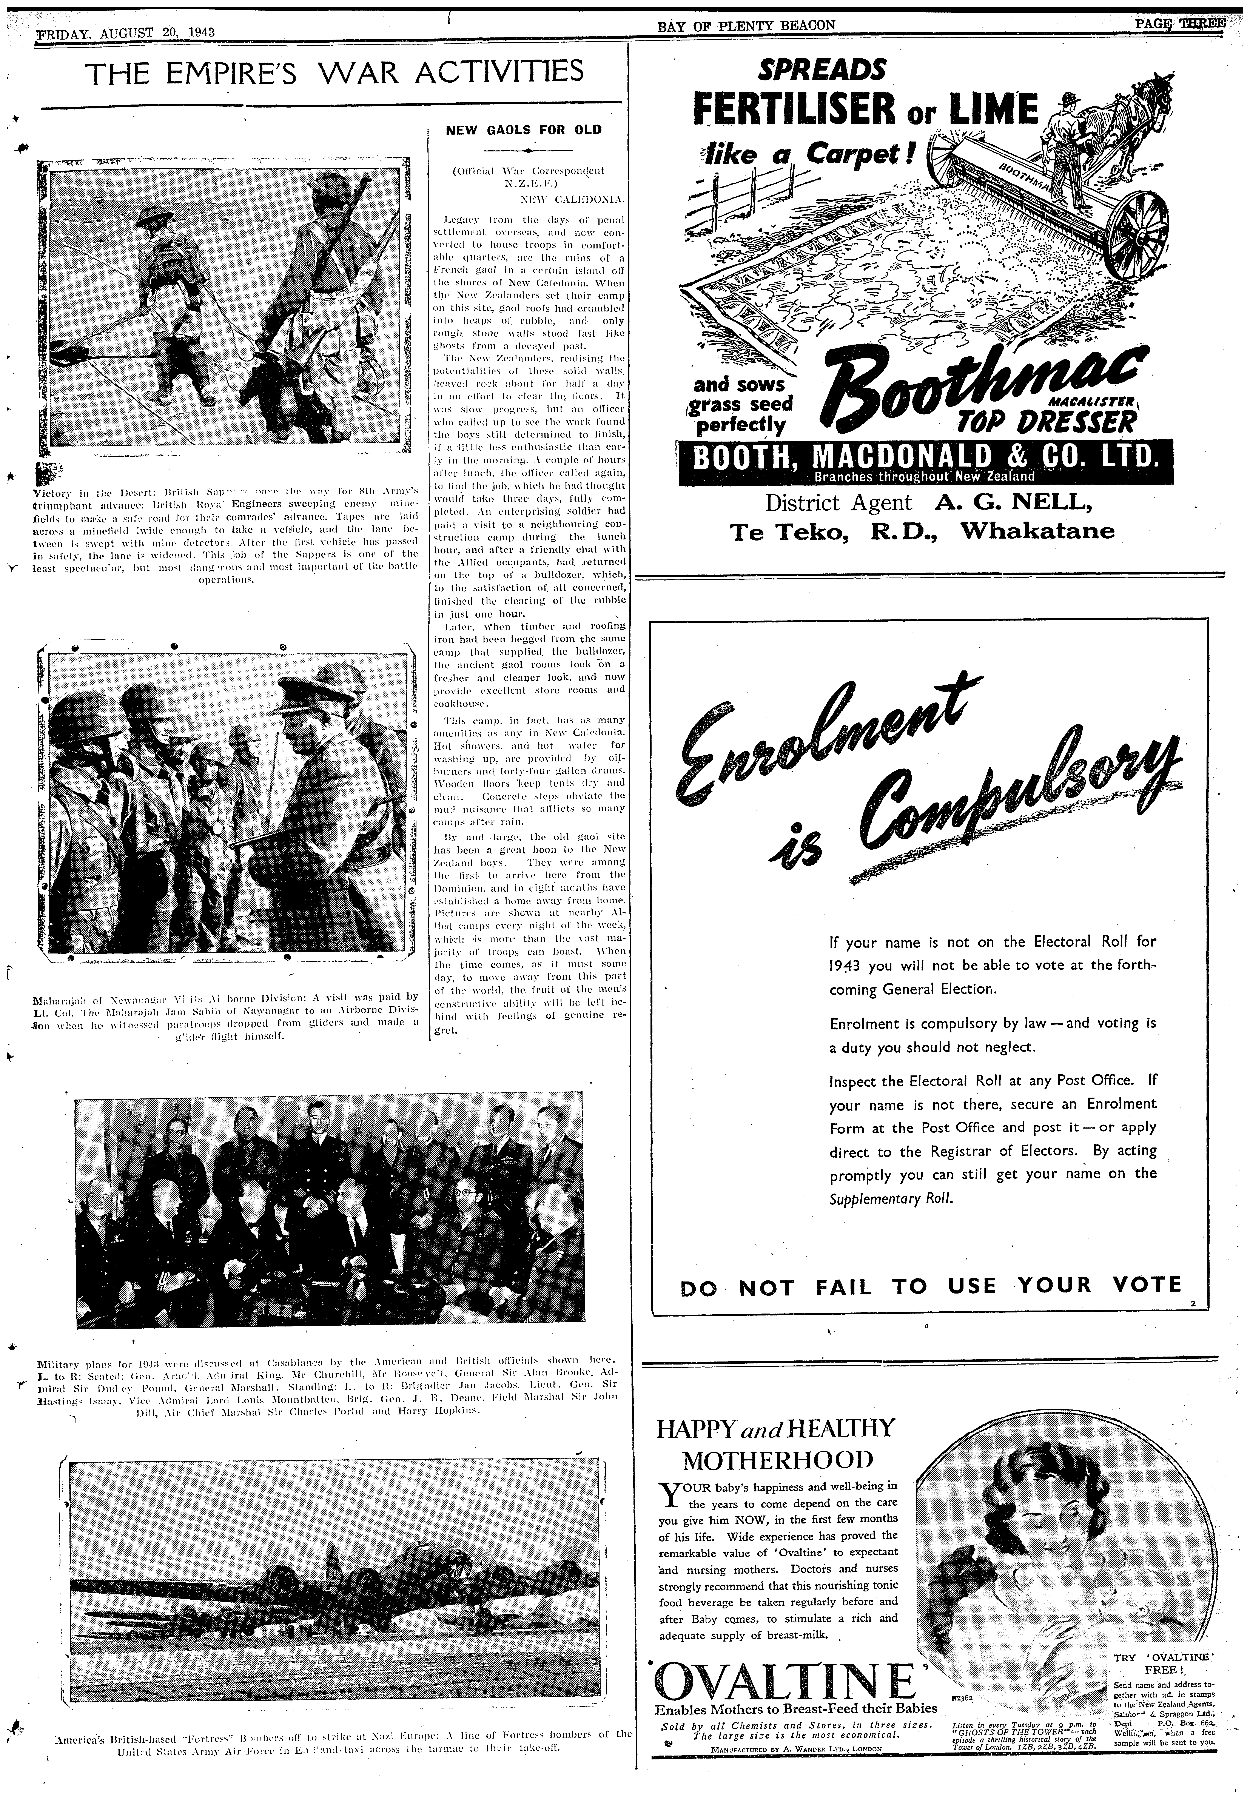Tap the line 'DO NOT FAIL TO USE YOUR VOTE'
pos(930,1286)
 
